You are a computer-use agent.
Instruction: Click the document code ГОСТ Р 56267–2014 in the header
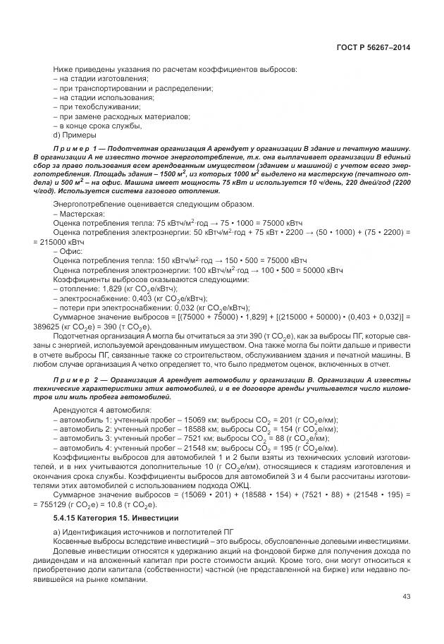[373, 47]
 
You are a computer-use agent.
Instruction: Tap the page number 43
[405, 597]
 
